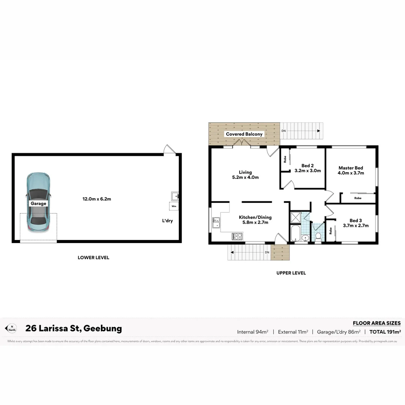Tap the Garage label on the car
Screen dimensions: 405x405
coord(39,204)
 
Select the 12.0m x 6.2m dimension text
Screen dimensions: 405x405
coord(97,199)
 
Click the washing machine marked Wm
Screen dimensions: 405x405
coord(174,206)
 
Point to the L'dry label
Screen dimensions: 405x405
coord(167,221)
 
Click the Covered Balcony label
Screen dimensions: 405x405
coord(244,134)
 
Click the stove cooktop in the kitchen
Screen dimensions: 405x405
coord(237,236)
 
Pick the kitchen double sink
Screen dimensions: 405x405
coord(216,223)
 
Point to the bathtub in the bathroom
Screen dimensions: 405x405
coord(295,233)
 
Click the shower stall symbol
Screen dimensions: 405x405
coord(295,217)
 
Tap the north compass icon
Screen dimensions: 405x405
coord(12,328)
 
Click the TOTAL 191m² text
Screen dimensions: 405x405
coord(385,331)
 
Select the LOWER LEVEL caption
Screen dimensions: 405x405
coord(93,258)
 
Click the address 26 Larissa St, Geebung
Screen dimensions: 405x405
coord(73,328)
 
